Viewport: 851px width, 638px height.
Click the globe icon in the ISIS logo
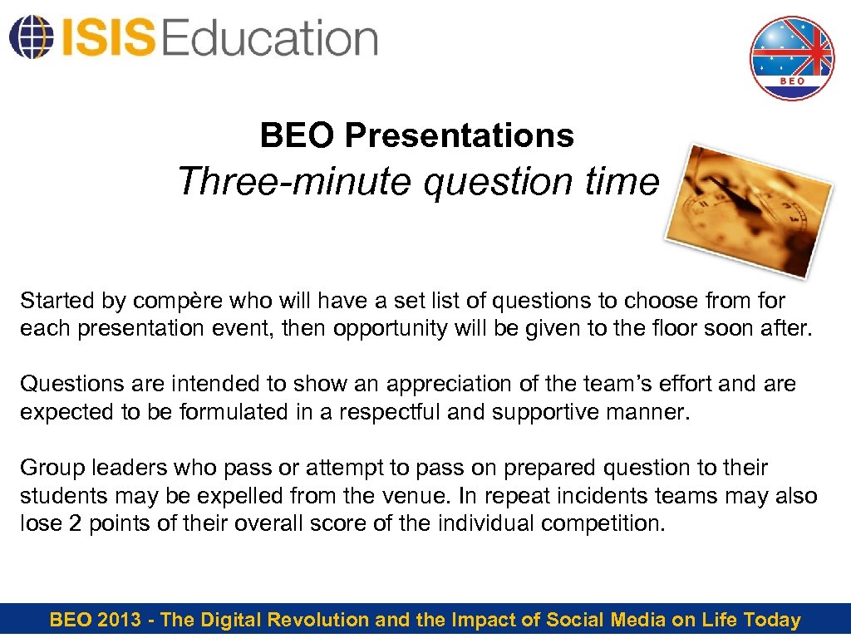coord(30,37)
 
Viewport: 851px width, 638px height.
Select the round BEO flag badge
coord(791,58)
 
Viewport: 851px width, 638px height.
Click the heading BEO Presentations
coord(416,135)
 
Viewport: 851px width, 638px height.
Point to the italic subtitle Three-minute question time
coord(418,181)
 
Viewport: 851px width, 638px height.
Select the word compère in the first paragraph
coord(171,301)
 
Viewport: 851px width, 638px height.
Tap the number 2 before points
coord(71,524)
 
